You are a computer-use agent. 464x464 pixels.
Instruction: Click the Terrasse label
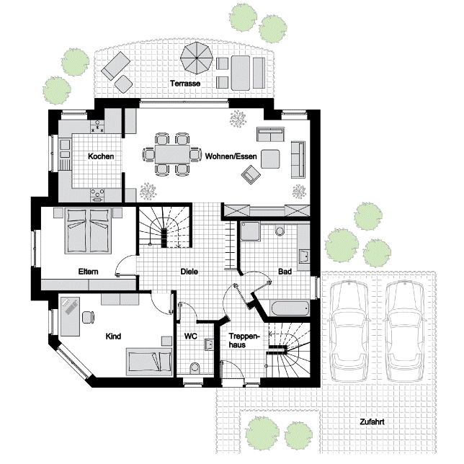tap(185, 84)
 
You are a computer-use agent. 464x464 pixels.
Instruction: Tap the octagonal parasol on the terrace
tap(197, 58)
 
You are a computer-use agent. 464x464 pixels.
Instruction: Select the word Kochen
tap(101, 156)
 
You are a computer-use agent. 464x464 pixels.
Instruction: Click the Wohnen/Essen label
tap(231, 156)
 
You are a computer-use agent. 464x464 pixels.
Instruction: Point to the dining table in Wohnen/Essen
tap(172, 154)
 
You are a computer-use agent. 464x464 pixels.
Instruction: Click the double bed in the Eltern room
tap(88, 231)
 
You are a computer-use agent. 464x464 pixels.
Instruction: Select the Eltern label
tap(88, 272)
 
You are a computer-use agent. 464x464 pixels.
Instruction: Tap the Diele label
tap(189, 272)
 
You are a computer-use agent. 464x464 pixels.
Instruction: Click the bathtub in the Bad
tap(290, 308)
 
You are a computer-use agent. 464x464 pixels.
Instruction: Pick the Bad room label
tap(285, 272)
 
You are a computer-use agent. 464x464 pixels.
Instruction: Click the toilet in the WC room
tap(195, 368)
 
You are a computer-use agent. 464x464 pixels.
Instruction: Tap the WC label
tap(190, 336)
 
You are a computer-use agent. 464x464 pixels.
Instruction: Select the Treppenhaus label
tap(244, 341)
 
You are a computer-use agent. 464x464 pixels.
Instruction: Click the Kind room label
tap(113, 336)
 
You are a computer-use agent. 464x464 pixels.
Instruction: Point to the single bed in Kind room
tap(149, 362)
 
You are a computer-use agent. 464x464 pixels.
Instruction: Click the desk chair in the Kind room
tap(88, 317)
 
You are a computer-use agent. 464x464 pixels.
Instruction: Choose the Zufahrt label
tap(372, 421)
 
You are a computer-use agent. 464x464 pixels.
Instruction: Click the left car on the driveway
tap(349, 331)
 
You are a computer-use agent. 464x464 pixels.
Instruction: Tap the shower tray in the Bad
tap(250, 231)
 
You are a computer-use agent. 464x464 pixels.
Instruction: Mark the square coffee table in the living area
tap(270, 159)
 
